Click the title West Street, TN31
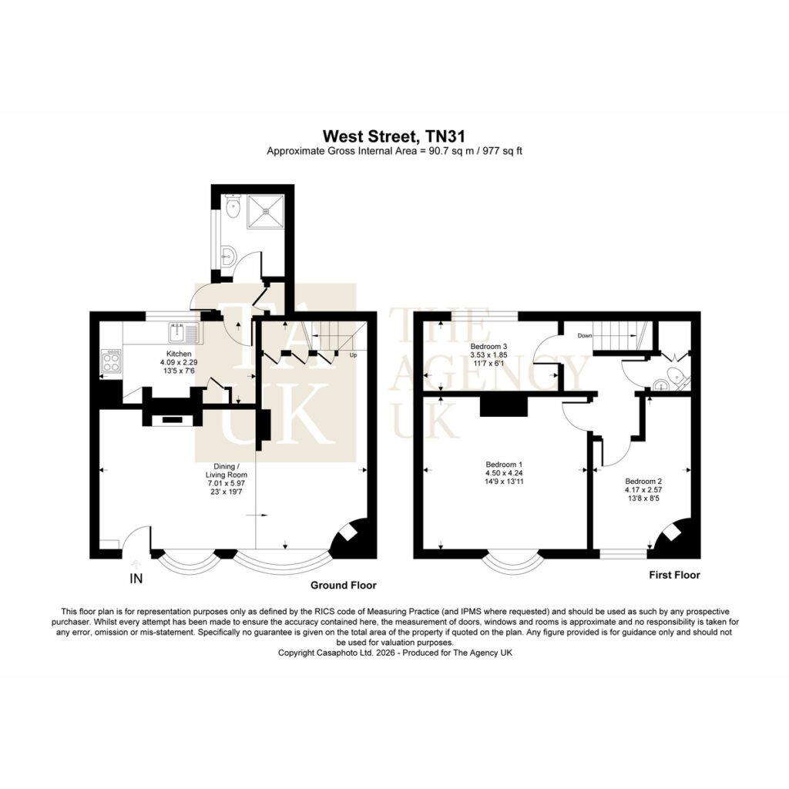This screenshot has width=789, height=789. (x=394, y=136)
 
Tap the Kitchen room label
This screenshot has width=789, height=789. (x=179, y=354)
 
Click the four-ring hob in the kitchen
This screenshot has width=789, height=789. (x=111, y=361)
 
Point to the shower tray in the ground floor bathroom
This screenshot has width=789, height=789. (x=265, y=211)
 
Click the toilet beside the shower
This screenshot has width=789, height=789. (x=233, y=206)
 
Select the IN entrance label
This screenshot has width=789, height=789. (x=136, y=579)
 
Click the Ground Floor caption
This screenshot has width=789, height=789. (x=343, y=586)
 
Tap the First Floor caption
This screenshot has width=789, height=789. (x=674, y=575)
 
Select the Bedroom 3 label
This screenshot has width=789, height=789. (x=489, y=346)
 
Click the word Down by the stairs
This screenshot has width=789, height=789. (x=585, y=336)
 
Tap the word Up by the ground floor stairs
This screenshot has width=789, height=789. (x=353, y=355)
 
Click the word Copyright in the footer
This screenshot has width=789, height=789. (x=297, y=653)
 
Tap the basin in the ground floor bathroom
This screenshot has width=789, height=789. (x=228, y=256)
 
